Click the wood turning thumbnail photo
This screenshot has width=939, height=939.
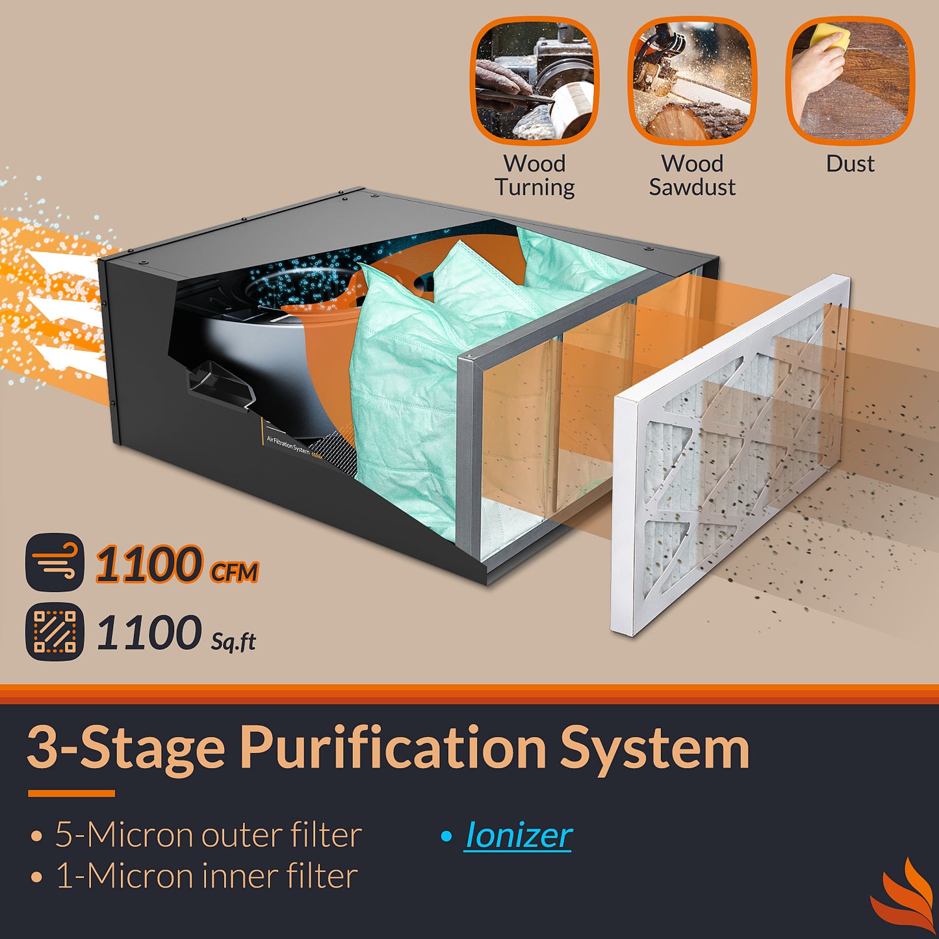click(x=535, y=81)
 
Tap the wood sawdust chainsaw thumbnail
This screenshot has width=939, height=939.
click(x=692, y=81)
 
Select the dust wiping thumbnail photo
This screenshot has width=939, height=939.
click(x=851, y=81)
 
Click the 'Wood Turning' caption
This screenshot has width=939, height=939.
click(x=535, y=175)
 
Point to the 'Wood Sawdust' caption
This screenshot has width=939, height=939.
click(x=692, y=175)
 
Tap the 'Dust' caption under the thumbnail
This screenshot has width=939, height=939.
click(x=850, y=164)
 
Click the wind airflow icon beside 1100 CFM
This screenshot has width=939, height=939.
click(x=55, y=562)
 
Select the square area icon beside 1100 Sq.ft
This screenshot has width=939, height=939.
click(x=55, y=631)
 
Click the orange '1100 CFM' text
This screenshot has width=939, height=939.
click(x=177, y=564)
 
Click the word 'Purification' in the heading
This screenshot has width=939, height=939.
click(x=392, y=749)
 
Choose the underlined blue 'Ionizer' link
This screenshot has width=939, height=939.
click(x=518, y=836)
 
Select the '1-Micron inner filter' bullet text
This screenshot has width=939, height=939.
click(x=206, y=876)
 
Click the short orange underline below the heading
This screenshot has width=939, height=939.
click(x=71, y=793)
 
